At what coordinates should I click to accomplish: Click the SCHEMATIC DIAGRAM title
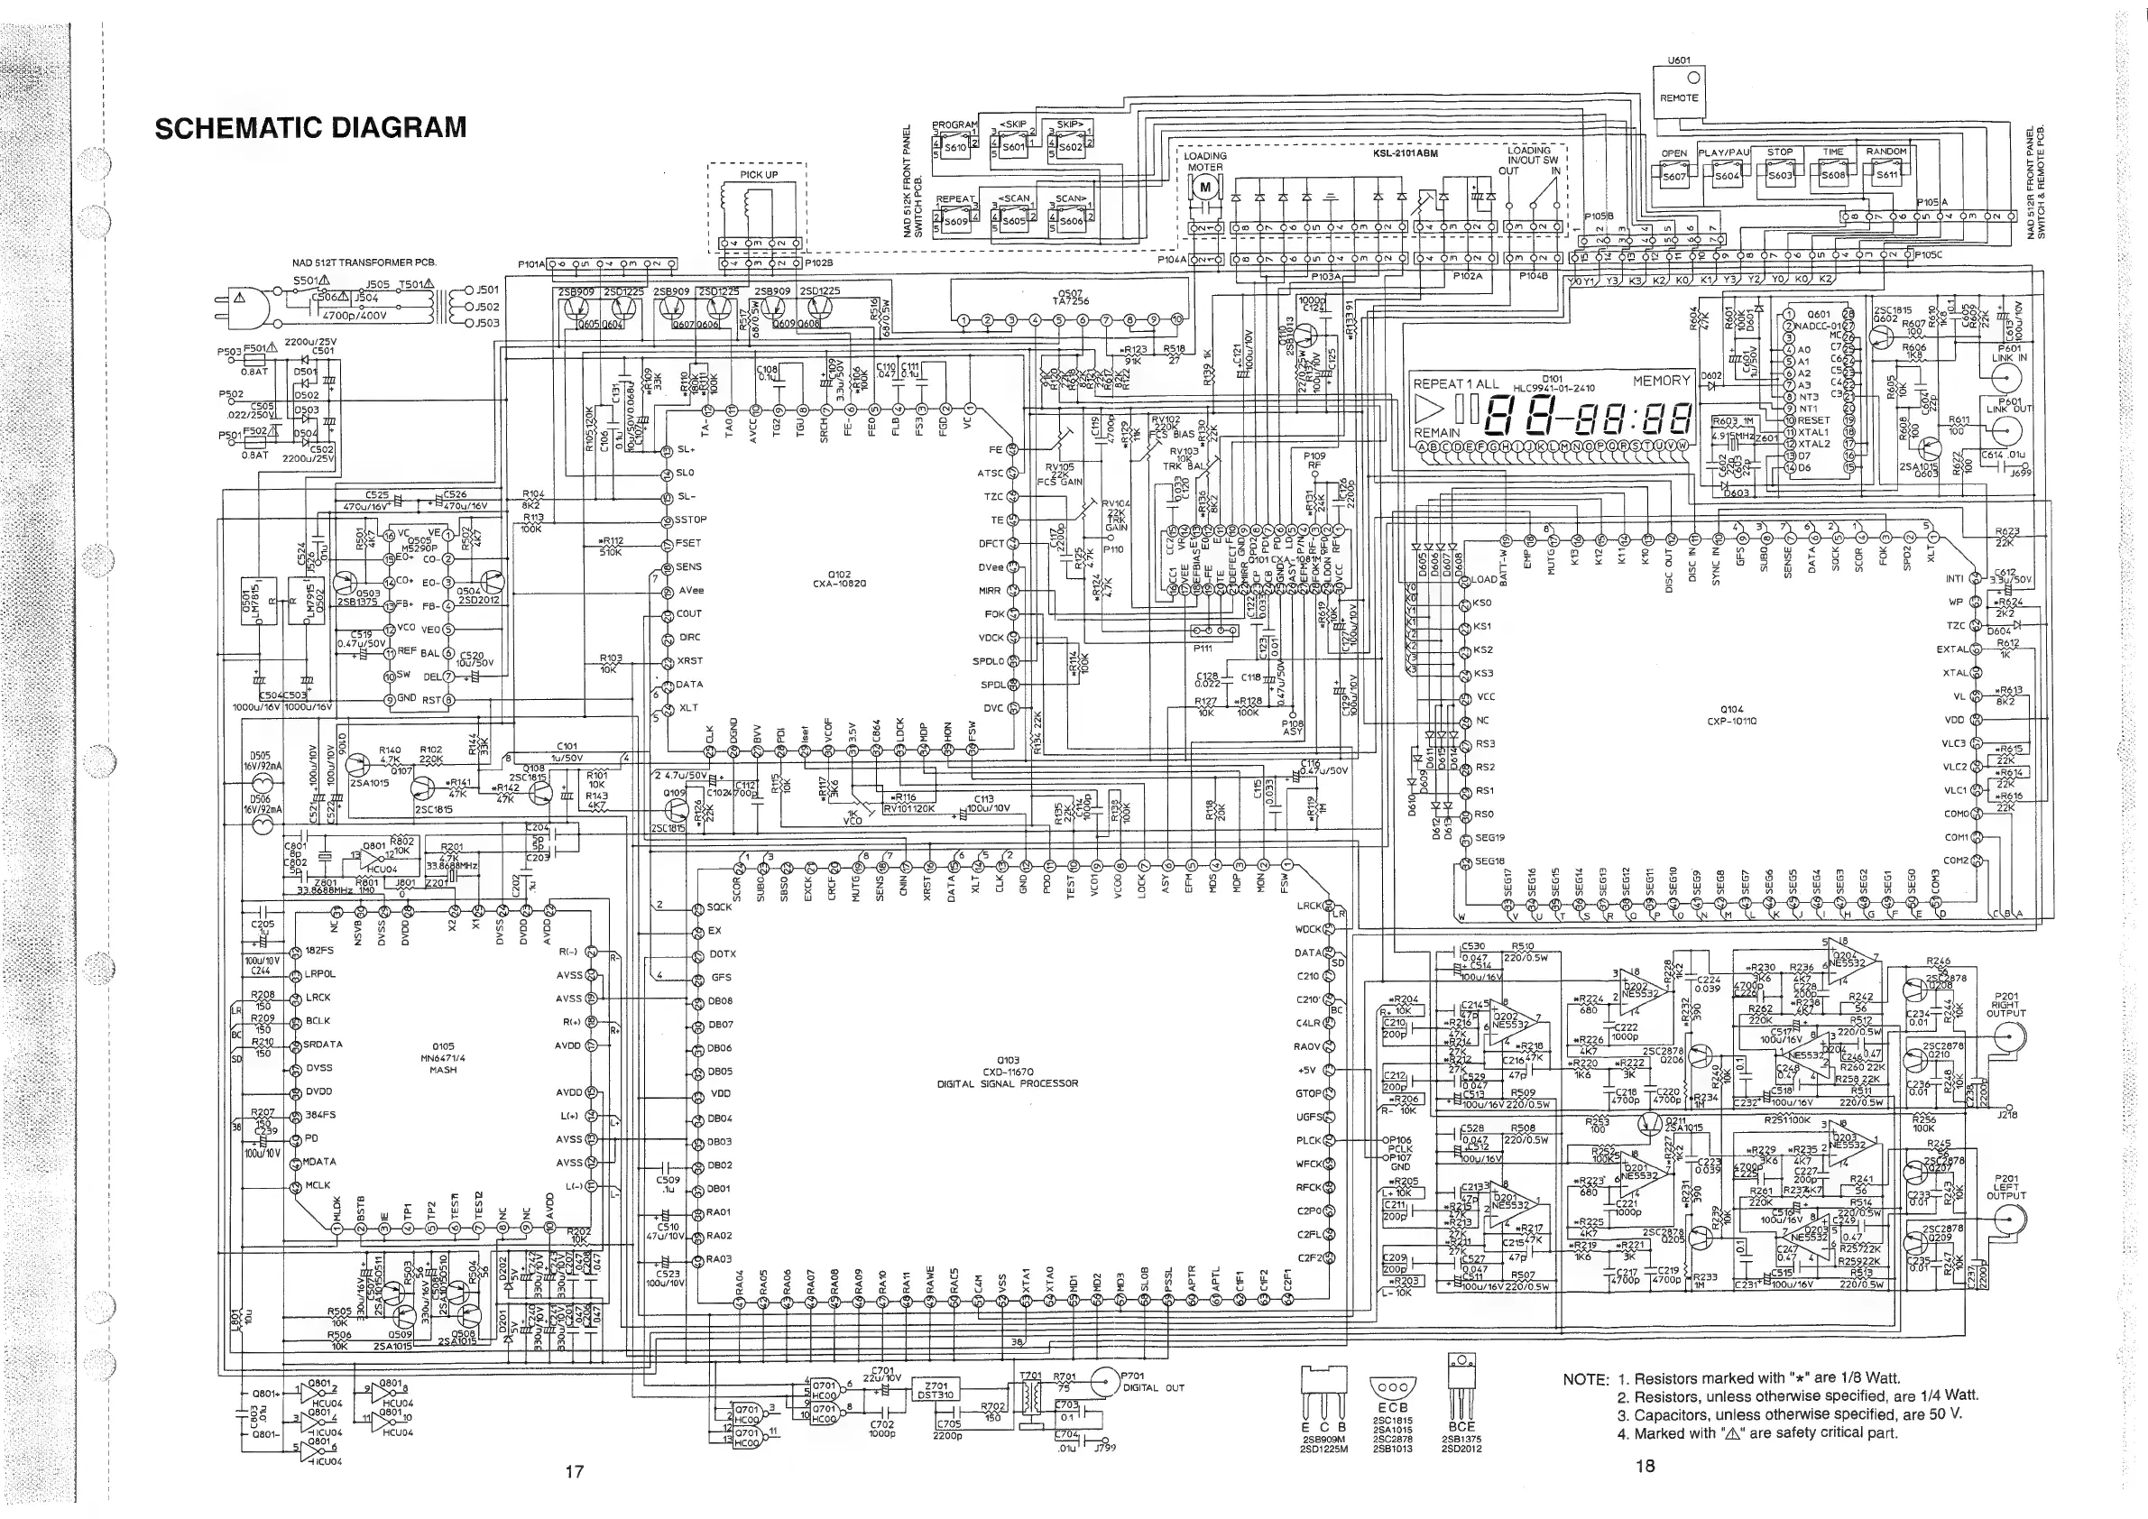[309, 128]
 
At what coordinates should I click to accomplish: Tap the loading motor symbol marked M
[1205, 187]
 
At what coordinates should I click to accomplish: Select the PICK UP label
[758, 175]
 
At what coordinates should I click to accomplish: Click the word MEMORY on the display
[1662, 381]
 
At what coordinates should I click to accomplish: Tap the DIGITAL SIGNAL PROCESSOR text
[1008, 1083]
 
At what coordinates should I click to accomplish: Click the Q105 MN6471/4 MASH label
[443, 1058]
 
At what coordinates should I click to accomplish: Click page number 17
[575, 1471]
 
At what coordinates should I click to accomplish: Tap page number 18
[1645, 1467]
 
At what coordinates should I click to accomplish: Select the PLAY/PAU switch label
[1724, 152]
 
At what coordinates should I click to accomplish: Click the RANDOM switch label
[1885, 152]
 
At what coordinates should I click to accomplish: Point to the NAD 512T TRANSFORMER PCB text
[364, 262]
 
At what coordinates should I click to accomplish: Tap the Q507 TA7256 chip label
[1069, 298]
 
